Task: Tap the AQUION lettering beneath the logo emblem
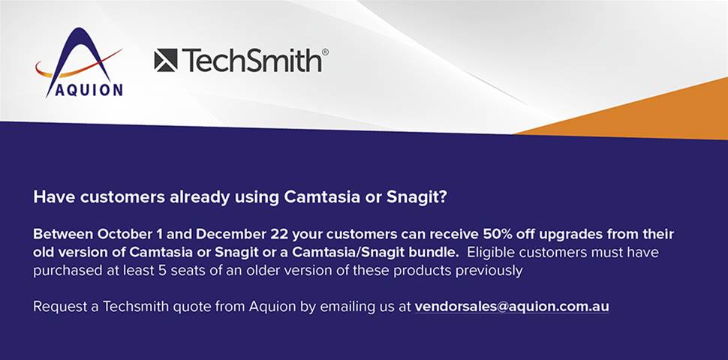(89, 90)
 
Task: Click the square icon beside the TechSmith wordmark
(166, 60)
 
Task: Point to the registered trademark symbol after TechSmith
(325, 52)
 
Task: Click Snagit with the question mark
(417, 198)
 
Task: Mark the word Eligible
(488, 253)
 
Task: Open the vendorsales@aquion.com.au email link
(512, 307)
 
